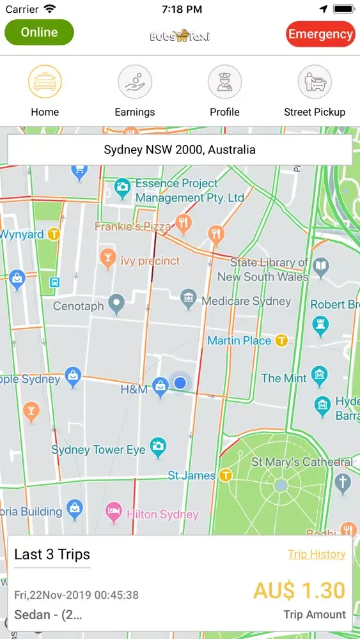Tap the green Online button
[39, 33]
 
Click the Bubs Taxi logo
[180, 36]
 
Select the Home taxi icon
[45, 82]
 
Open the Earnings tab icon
[134, 82]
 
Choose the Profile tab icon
[224, 82]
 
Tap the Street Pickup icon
[315, 82]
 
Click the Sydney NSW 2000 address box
[180, 150]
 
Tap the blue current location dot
[180, 382]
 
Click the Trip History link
[317, 554]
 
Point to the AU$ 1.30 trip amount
[299, 590]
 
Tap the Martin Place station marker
[281, 341]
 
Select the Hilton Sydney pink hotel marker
[114, 511]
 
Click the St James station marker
[225, 475]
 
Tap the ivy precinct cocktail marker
[107, 258]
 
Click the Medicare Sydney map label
[246, 301]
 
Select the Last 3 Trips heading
[52, 554]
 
